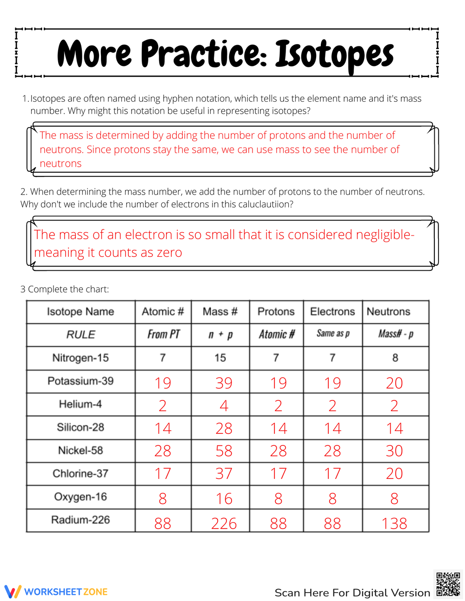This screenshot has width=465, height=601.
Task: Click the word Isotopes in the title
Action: pos(334,55)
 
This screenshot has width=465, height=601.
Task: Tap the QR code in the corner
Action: pos(448,584)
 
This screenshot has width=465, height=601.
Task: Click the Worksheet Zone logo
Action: pos(56,592)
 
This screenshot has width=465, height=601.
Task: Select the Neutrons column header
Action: pos(388,312)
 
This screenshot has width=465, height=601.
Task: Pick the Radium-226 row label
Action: pos(80,520)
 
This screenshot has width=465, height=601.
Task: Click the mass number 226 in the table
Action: pos(224,523)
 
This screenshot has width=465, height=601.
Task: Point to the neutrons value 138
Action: pos(394,523)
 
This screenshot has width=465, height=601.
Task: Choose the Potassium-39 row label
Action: pos(80,381)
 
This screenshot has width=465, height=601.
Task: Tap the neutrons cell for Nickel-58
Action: pos(394,451)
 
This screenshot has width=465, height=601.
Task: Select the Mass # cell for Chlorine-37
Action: pos(224,474)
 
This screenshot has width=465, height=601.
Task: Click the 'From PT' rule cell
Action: pos(163,334)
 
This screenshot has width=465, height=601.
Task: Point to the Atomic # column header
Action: pos(163,312)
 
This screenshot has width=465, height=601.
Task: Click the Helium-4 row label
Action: pos(80,404)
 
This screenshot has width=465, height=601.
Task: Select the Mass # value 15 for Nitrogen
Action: pos(220,358)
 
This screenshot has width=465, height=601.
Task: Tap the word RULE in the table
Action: pos(81,335)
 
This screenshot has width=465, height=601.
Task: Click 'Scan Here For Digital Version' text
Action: pos(352,593)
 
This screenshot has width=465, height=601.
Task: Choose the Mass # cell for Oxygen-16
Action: pos(224,499)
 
